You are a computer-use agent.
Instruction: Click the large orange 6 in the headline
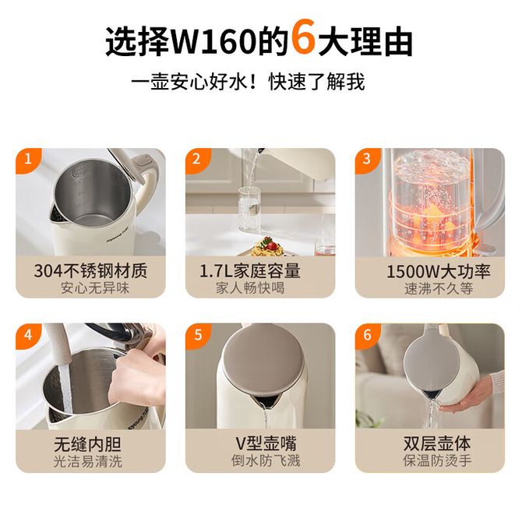(303, 37)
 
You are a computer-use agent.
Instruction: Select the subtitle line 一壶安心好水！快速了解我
(248, 82)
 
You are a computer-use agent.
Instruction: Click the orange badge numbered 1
(28, 158)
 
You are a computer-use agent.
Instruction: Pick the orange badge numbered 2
(197, 159)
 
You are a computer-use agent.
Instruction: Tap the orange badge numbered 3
(367, 159)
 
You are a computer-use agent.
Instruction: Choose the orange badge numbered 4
(28, 334)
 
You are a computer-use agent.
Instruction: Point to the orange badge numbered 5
(198, 334)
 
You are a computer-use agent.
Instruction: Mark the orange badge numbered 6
(367, 334)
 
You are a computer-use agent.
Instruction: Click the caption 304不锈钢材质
(90, 271)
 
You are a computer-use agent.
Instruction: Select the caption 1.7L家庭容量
(250, 271)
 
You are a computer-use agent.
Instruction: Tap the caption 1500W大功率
(439, 272)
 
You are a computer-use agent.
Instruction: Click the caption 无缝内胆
(87, 444)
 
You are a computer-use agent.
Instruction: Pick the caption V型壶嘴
(266, 443)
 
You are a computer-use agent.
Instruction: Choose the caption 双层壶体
(437, 443)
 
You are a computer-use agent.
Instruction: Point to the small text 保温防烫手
(437, 460)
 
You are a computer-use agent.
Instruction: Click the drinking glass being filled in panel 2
(249, 209)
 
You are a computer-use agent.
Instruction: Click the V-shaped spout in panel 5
(265, 400)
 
